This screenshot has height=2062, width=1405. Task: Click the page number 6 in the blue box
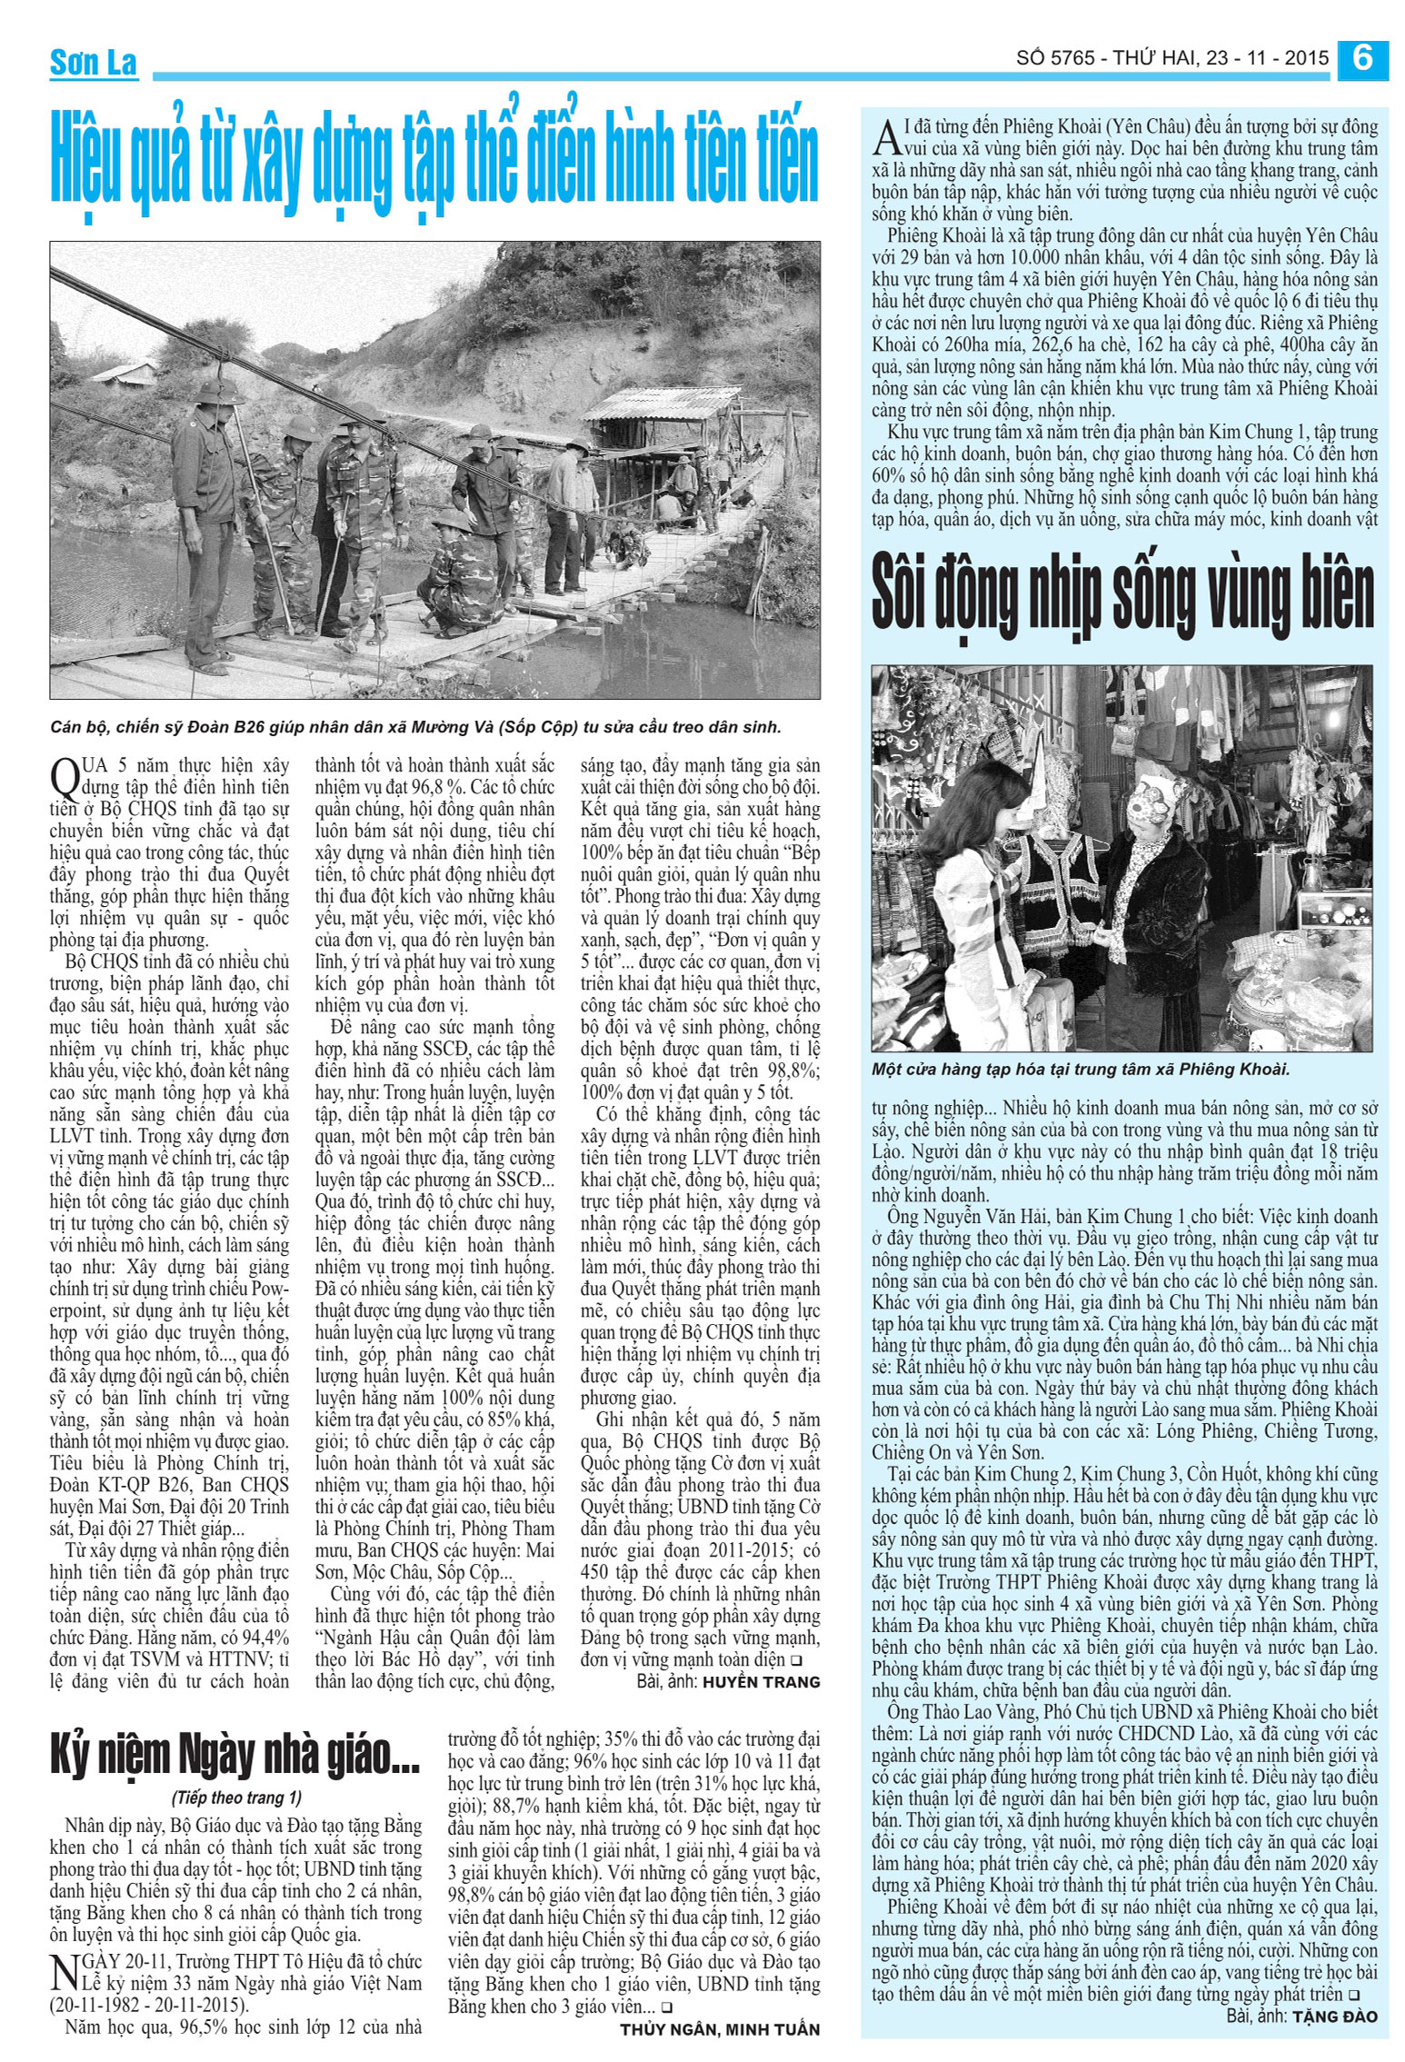click(1361, 58)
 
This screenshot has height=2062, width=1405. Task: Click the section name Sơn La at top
click(94, 63)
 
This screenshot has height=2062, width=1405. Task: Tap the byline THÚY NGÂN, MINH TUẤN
click(720, 2029)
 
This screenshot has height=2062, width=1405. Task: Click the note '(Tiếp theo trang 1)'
click(236, 1798)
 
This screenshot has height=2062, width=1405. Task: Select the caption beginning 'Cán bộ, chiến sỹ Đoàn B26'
click(415, 727)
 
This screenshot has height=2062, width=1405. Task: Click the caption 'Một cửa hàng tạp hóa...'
click(1081, 1070)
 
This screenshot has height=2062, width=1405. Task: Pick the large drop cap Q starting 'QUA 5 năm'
click(65, 778)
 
